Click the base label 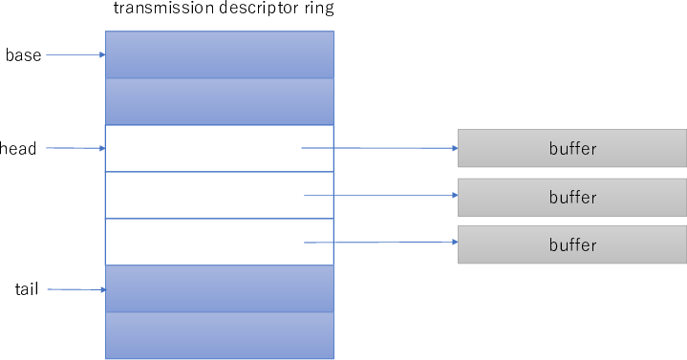click(x=23, y=55)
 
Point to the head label click(x=19, y=149)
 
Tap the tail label click(x=27, y=288)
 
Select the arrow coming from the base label click(x=75, y=55)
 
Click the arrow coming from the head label click(x=75, y=148)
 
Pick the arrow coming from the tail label click(x=75, y=288)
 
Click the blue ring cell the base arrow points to click(x=219, y=54)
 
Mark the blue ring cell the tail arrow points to click(x=219, y=288)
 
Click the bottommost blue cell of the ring click(x=219, y=335)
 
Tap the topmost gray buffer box click(x=572, y=148)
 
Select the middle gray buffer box click(x=572, y=197)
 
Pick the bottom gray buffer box click(x=572, y=244)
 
